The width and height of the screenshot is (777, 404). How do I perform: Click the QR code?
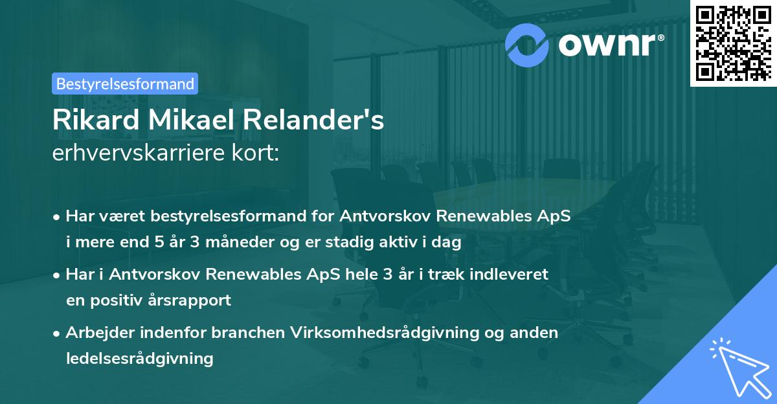coord(733,43)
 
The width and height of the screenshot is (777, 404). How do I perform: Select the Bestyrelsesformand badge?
coord(125,84)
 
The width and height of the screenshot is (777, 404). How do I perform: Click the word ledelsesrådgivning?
coord(139,358)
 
